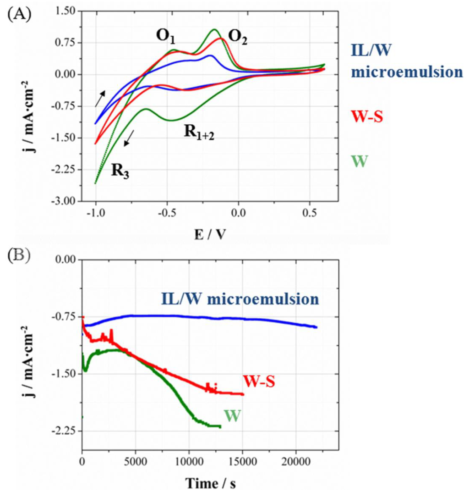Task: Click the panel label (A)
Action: click(18, 13)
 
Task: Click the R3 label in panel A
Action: click(119, 173)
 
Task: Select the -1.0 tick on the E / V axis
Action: click(95, 213)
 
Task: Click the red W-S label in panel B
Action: click(259, 381)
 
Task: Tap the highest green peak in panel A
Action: click(214, 30)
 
